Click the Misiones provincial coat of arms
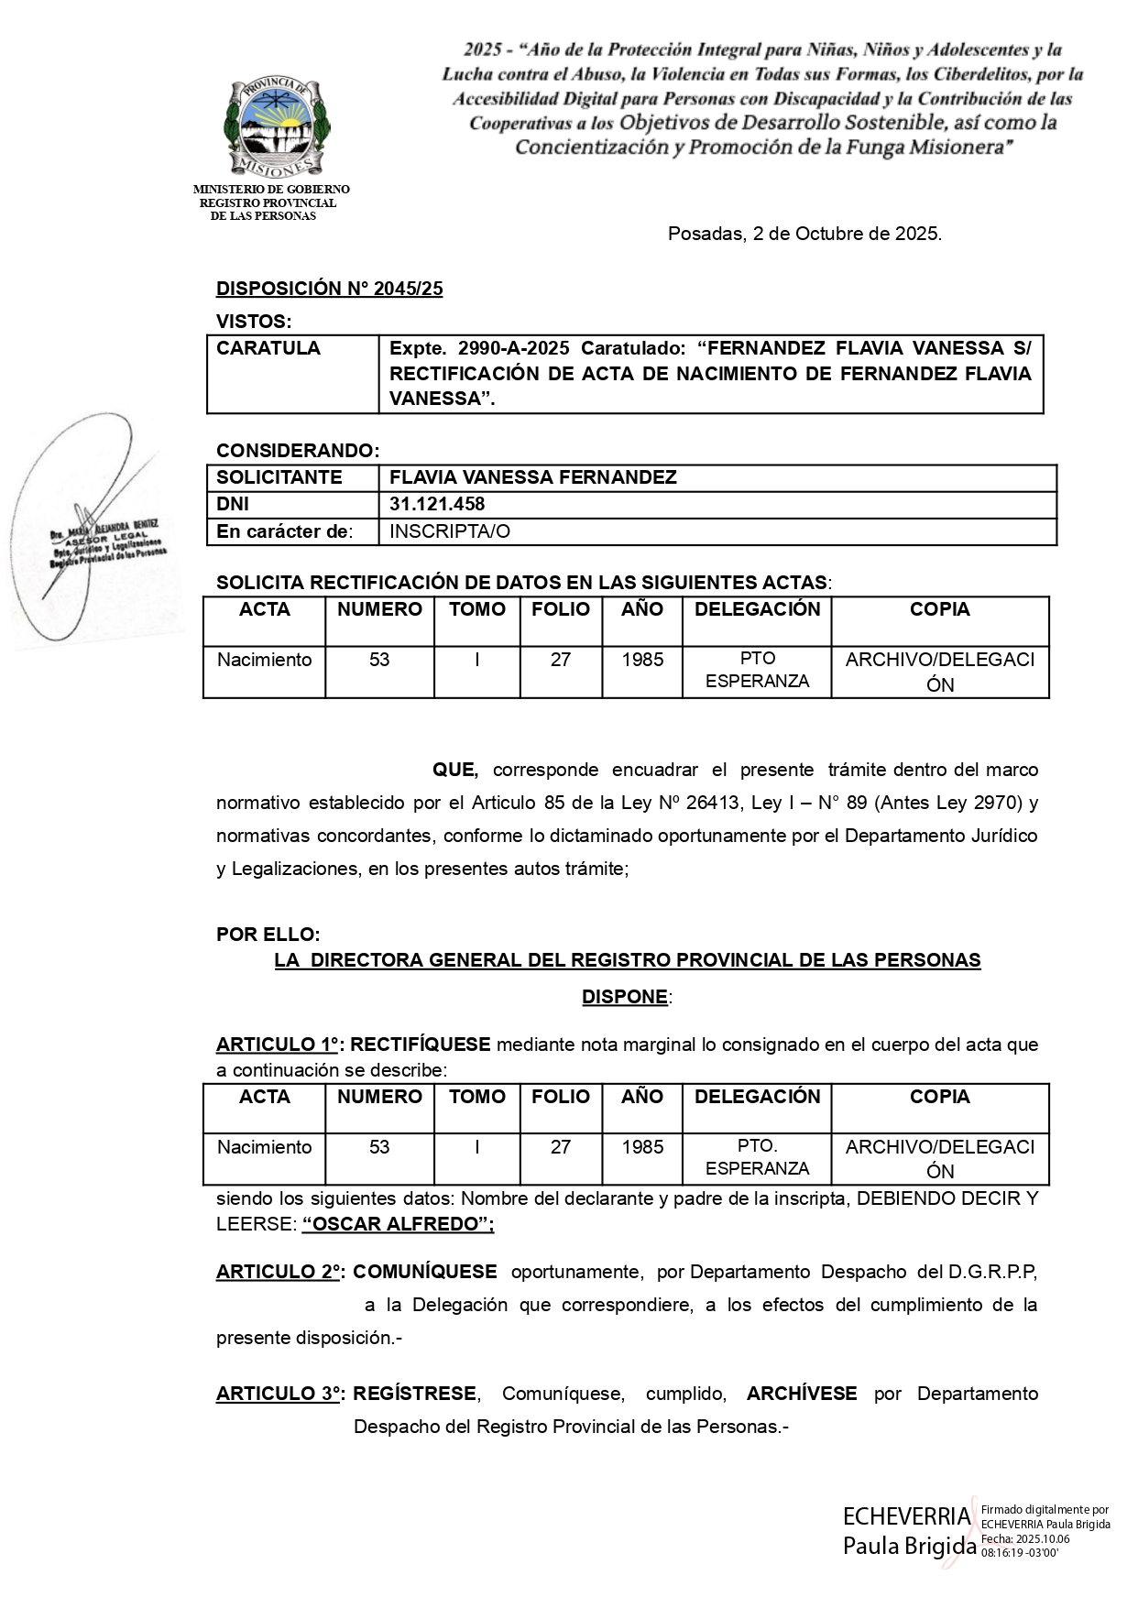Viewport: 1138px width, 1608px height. tap(276, 126)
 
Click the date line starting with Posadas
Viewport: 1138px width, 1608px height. tap(804, 234)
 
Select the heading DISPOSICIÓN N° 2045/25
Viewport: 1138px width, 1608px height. tap(329, 289)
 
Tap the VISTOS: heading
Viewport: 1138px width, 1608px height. tap(254, 322)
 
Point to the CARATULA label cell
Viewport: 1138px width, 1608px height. tap(268, 348)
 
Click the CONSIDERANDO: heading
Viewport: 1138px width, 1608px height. tap(297, 451)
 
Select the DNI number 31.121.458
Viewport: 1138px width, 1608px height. tap(437, 504)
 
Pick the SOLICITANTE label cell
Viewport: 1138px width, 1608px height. tap(279, 477)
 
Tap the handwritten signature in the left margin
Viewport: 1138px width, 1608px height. tap(87, 531)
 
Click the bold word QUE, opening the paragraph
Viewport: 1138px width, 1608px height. tap(454, 771)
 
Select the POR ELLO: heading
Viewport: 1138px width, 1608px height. tap(268, 935)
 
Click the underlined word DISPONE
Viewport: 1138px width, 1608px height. tap(624, 997)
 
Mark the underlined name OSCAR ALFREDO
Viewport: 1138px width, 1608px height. tap(397, 1224)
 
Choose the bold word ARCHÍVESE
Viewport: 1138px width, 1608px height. tap(802, 1394)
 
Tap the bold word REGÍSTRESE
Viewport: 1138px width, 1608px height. tap(414, 1394)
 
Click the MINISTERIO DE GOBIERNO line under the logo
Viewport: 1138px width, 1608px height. tap(271, 190)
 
